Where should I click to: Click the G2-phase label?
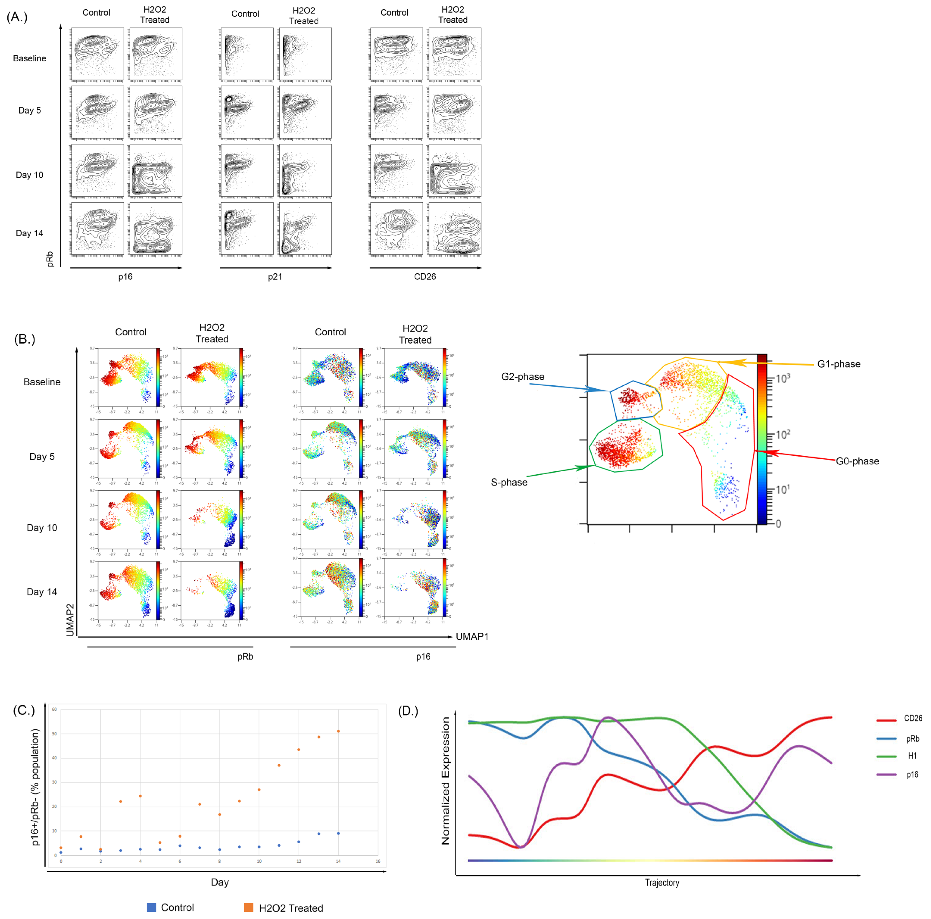[522, 376]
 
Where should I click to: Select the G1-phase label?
[839, 364]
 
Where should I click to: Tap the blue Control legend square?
[151, 907]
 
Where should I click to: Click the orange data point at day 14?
[338, 731]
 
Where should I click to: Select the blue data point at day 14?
[338, 833]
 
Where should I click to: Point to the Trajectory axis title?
[662, 882]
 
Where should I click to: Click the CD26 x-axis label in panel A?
[424, 277]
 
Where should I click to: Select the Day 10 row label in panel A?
[29, 175]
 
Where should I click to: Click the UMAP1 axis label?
[472, 637]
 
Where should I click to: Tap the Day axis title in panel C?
[220, 882]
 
